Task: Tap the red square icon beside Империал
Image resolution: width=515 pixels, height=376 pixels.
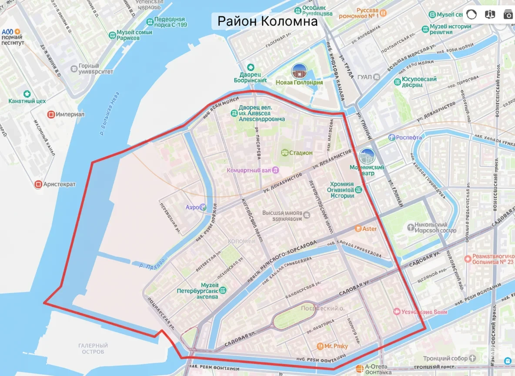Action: (x=51, y=114)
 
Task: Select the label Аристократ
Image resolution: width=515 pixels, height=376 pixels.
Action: (x=59, y=185)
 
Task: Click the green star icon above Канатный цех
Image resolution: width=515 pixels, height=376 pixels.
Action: (x=27, y=94)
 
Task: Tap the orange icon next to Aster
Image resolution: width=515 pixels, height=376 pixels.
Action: (x=358, y=228)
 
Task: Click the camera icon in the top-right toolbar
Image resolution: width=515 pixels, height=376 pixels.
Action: (x=508, y=14)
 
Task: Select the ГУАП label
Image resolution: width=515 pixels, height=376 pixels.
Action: (x=364, y=77)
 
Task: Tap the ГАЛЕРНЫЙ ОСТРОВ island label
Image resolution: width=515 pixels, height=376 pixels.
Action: (x=93, y=348)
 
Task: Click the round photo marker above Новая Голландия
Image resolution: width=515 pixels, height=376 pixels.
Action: (x=299, y=70)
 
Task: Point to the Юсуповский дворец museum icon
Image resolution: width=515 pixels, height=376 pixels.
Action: (x=398, y=82)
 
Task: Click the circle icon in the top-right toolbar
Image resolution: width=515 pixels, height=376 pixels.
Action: (x=472, y=14)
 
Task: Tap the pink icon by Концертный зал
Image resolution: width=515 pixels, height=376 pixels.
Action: (x=275, y=170)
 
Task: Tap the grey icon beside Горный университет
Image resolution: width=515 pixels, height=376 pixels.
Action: (x=74, y=68)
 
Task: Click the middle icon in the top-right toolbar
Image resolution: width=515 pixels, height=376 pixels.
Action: (x=490, y=14)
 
